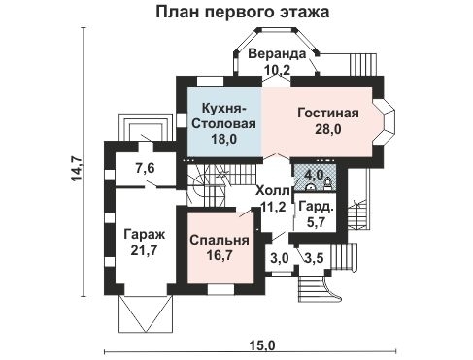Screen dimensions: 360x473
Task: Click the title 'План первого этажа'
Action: point(240,13)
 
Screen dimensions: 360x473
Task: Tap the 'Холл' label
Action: point(273,190)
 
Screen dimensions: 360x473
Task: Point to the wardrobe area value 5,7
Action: point(316,222)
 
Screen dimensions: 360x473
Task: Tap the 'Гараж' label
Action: point(145,235)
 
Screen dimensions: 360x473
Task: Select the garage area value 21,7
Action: point(145,250)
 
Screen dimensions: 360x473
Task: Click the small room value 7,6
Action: point(145,169)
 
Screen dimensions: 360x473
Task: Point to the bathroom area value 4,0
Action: point(312,176)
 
